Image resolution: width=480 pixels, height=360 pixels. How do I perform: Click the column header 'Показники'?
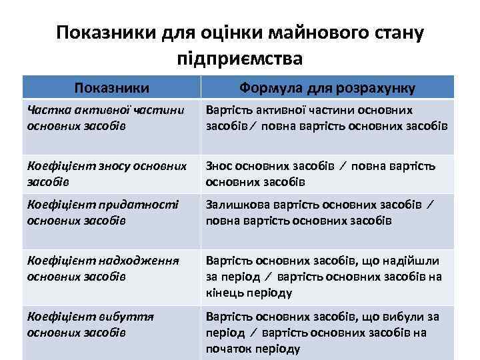click(111, 87)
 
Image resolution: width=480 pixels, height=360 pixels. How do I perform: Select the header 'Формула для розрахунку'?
click(327, 87)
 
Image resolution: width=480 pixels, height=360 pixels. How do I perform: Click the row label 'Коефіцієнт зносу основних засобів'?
click(107, 173)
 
